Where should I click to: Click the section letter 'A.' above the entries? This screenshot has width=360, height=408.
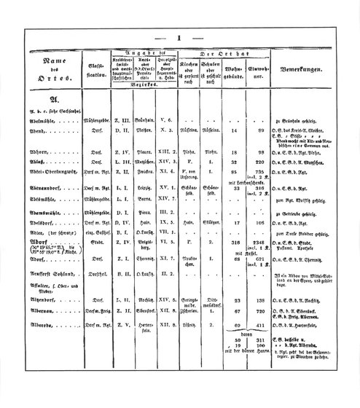[33, 100]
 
